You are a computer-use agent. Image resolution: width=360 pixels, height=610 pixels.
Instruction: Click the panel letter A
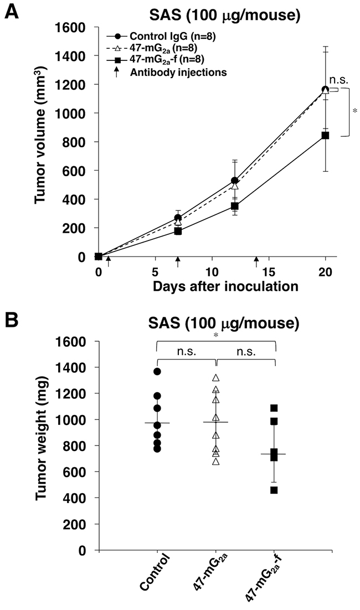[11, 11]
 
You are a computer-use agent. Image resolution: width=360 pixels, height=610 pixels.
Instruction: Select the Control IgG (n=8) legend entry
[161, 37]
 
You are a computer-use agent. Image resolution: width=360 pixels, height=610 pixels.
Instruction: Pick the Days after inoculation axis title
[225, 286]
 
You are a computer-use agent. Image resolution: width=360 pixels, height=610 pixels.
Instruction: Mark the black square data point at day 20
[325, 135]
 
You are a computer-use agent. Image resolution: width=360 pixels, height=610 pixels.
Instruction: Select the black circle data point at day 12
[234, 181]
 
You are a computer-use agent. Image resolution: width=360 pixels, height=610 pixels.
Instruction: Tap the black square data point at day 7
[178, 231]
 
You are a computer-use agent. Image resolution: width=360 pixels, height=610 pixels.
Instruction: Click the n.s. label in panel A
[339, 80]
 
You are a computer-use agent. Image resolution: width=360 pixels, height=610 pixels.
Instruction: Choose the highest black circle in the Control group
[157, 372]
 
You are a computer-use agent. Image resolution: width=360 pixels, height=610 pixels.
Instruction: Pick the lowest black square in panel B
[274, 490]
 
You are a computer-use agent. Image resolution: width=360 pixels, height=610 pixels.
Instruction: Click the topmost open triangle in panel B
[216, 377]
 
